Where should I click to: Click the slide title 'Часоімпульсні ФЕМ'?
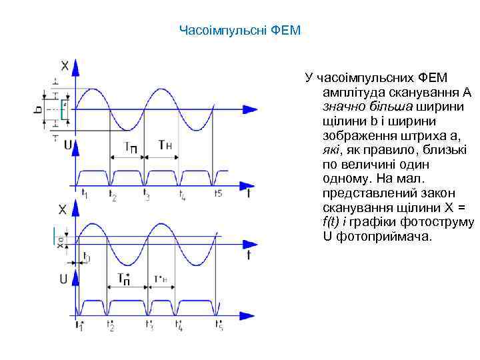[240, 30]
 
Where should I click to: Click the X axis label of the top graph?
[65, 65]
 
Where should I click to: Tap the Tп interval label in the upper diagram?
[129, 147]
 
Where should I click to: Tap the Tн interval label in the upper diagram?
[165, 145]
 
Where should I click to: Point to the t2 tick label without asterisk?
[113, 196]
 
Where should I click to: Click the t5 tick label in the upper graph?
[217, 194]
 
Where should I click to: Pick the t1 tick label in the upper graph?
[84, 193]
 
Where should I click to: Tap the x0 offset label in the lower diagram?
[61, 243]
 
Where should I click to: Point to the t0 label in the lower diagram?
[86, 258]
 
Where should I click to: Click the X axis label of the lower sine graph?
[63, 209]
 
